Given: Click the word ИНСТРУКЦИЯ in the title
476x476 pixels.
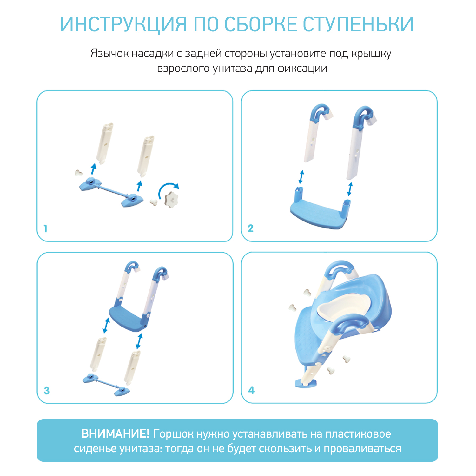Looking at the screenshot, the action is coord(124,24).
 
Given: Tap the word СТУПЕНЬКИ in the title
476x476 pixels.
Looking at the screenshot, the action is coord(358,24).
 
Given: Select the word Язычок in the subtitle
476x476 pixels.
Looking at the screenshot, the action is coord(109,53).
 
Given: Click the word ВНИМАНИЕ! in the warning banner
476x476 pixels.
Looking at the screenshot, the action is coord(115,433).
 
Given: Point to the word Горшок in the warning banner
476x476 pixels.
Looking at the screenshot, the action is coord(173,434).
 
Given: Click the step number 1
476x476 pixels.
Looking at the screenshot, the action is coord(46,228).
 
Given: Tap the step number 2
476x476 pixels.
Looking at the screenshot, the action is coord(250,228).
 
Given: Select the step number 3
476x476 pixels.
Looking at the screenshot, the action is coord(47,391).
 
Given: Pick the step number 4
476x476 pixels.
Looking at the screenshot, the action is coord(251,390).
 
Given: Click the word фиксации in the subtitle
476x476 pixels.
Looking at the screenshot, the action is coord(302,69).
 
